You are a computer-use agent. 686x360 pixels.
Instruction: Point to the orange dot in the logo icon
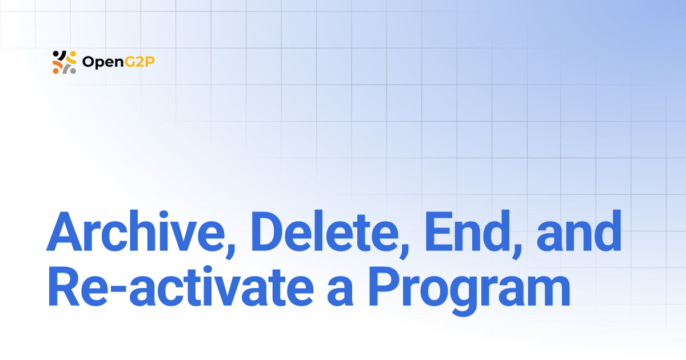(56, 70)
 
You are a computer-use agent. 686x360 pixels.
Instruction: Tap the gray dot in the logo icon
(73, 70)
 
